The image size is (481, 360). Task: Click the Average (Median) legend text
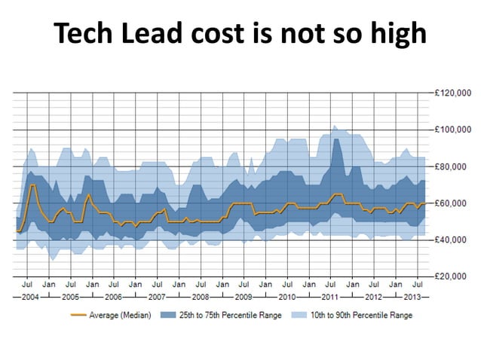pos(121,315)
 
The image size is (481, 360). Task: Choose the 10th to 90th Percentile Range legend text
pos(362,315)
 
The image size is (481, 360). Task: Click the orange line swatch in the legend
pos(78,315)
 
